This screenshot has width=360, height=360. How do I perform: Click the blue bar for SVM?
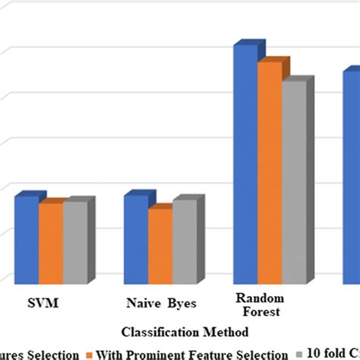click(27, 239)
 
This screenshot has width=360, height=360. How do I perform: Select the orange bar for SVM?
click(51, 243)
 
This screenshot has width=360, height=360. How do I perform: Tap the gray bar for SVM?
click(74, 242)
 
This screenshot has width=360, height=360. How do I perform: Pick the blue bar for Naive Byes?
click(136, 239)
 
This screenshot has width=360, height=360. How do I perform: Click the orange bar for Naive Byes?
click(160, 245)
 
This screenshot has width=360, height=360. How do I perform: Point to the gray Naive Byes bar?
click(184, 242)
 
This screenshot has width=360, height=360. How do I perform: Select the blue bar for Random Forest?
click(245, 163)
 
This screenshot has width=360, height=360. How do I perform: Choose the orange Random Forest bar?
click(270, 172)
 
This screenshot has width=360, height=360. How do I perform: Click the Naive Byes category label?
click(161, 304)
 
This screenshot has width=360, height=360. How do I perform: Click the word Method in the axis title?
click(229, 331)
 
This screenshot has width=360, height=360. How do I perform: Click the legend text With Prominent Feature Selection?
click(191, 354)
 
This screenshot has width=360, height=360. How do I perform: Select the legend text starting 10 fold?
click(331, 354)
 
